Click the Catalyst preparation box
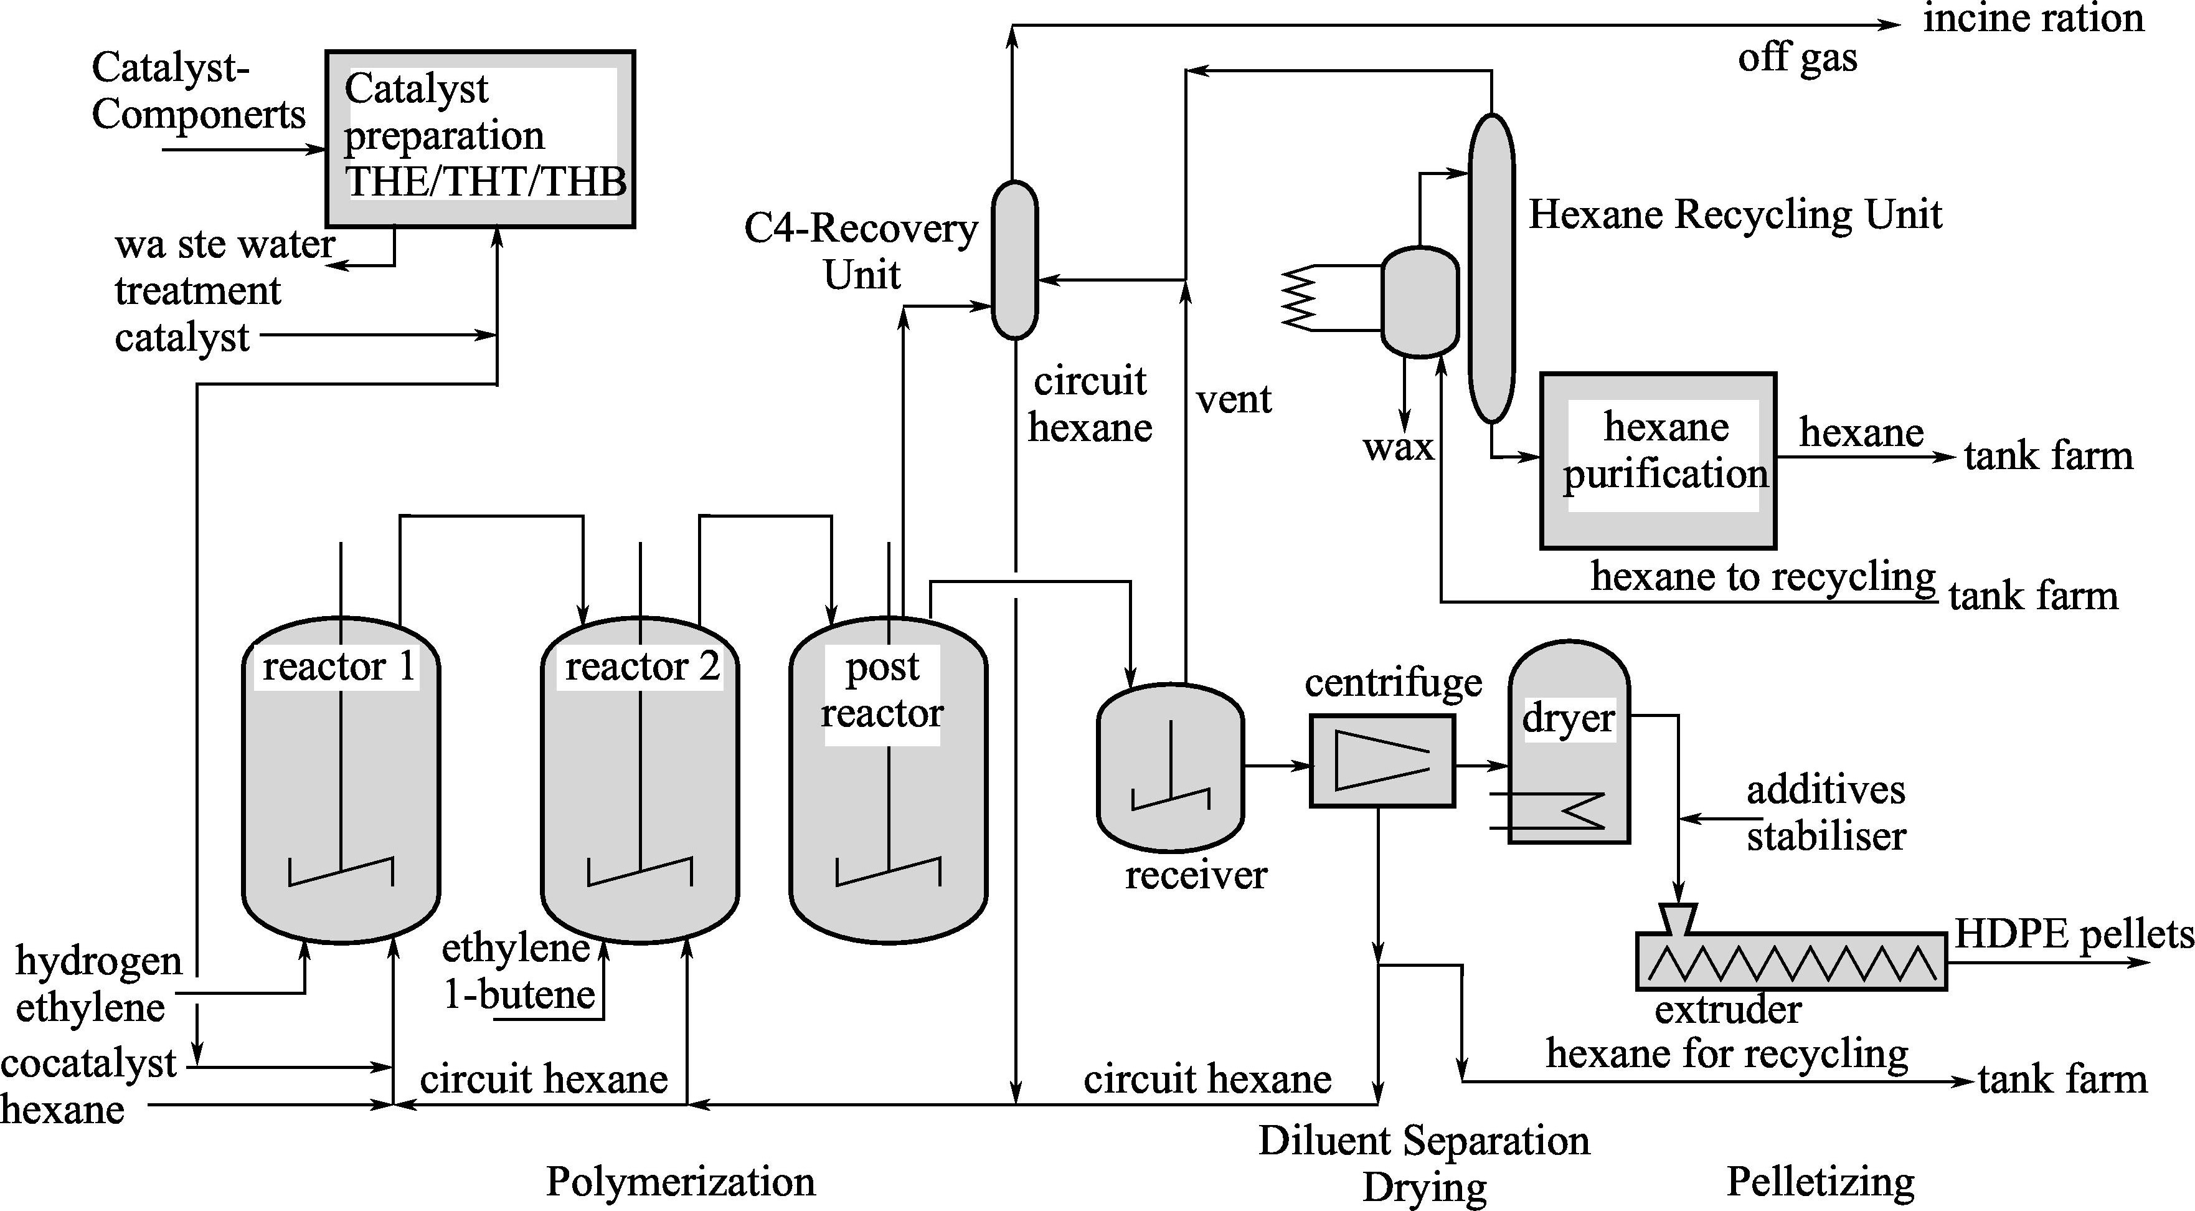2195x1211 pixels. tap(481, 139)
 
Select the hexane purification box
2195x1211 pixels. tap(1658, 460)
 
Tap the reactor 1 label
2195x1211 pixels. tap(338, 667)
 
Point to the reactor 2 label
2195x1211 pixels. tap(641, 667)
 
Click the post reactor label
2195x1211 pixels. tap(882, 690)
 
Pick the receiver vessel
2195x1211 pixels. tap(1170, 767)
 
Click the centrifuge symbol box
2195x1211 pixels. tap(1381, 761)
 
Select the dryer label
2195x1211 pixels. tap(1568, 718)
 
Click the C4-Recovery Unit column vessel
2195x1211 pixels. tap(1014, 260)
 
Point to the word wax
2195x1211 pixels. tap(1397, 447)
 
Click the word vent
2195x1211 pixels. tap(1233, 399)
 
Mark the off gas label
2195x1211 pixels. tap(1797, 58)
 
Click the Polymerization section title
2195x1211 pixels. tap(680, 1181)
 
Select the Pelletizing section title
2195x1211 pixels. tap(1820, 1181)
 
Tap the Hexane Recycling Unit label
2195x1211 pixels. tap(1735, 214)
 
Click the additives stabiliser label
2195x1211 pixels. tap(1825, 813)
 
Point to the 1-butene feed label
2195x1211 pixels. tap(519, 994)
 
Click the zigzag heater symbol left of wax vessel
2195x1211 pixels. tap(1300, 297)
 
